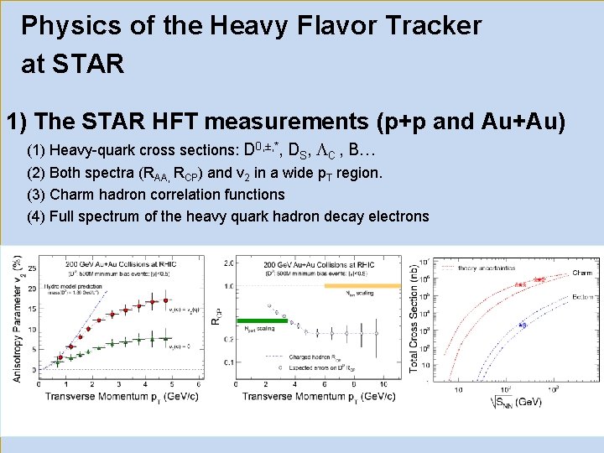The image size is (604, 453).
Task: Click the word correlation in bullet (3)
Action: pyautogui.click(x=174, y=195)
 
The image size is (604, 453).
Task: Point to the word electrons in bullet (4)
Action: pyautogui.click(x=398, y=216)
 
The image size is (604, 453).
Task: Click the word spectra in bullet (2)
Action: pyautogui.click(x=112, y=174)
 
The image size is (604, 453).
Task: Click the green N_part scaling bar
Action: pyautogui.click(x=262, y=320)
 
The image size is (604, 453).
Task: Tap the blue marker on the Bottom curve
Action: pyautogui.click(x=523, y=323)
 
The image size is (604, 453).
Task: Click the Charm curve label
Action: pyautogui.click(x=581, y=273)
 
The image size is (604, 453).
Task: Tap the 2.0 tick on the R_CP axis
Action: pyautogui.click(x=227, y=264)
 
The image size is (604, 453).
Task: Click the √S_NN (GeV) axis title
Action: pyautogui.click(x=514, y=403)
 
